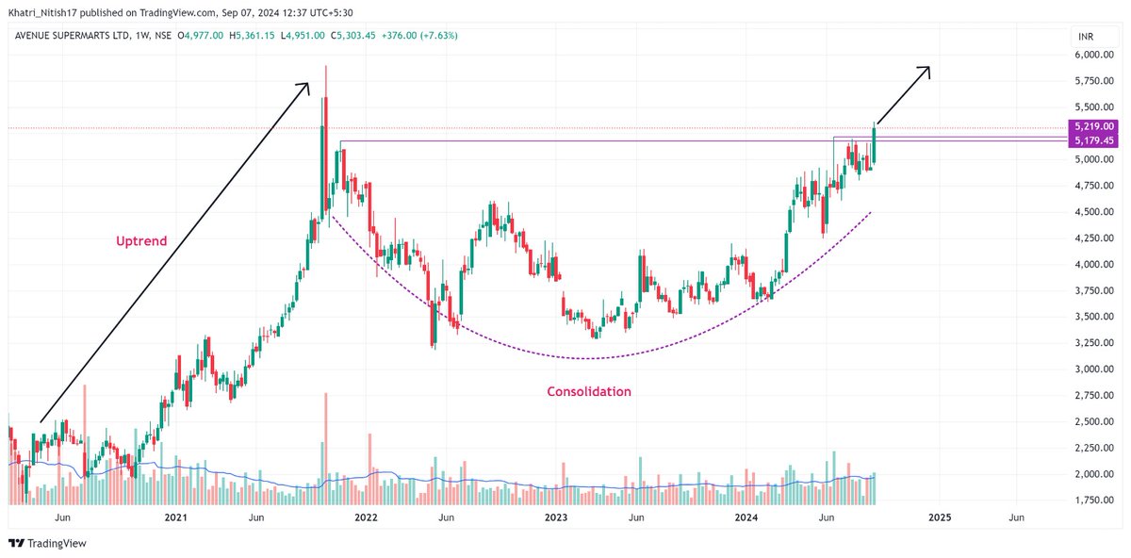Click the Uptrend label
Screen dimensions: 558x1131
coord(141,241)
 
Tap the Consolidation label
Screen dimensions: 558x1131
coord(589,391)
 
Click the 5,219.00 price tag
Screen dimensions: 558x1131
coord(1093,125)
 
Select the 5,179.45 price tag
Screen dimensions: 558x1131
coord(1093,140)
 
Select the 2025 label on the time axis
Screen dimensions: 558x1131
coord(939,517)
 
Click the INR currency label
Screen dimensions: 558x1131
coord(1087,36)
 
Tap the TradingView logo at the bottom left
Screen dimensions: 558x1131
coord(46,544)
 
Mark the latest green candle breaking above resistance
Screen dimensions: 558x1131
coord(875,143)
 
